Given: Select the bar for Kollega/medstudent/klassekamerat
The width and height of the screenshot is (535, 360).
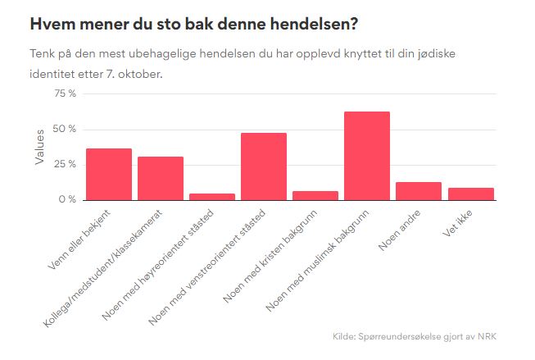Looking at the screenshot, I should [x=161, y=178].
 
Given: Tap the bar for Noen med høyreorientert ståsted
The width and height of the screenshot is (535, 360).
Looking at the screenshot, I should [x=212, y=197].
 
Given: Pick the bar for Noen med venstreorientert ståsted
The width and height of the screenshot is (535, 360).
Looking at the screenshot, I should [x=264, y=166].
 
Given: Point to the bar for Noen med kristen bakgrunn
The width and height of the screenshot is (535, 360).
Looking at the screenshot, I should [x=315, y=195].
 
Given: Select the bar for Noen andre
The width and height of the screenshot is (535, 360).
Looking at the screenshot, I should [x=419, y=191].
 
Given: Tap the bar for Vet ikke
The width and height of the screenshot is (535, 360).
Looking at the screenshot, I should [x=470, y=194].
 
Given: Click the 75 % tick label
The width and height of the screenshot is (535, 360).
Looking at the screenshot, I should [x=65, y=93].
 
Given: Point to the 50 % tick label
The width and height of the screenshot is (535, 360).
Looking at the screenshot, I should [x=65, y=129].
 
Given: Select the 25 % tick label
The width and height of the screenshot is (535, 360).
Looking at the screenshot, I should [x=65, y=164].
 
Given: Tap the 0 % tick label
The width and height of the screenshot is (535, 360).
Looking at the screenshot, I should [x=67, y=199].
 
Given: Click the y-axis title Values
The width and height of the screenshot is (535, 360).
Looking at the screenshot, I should [x=39, y=147].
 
